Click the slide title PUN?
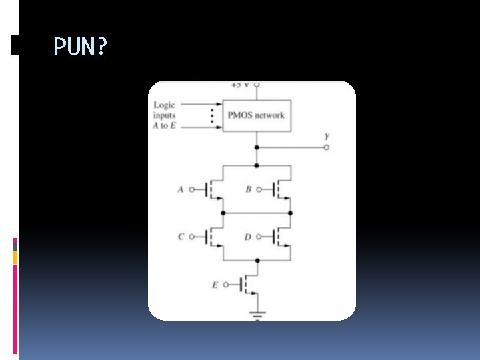(x=79, y=47)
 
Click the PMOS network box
(x=256, y=115)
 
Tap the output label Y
(x=327, y=137)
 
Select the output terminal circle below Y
(x=327, y=147)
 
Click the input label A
(x=180, y=189)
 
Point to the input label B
(x=248, y=189)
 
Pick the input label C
(x=181, y=237)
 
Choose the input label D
(x=248, y=237)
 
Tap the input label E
(x=215, y=285)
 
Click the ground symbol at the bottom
(x=257, y=313)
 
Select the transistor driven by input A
(x=212, y=189)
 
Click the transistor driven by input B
(x=280, y=189)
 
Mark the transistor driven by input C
(x=212, y=237)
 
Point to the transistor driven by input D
(x=280, y=237)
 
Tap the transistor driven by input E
(x=247, y=285)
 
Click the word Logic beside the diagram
(x=164, y=105)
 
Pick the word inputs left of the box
(x=165, y=115)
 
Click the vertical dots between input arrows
(x=211, y=115)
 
